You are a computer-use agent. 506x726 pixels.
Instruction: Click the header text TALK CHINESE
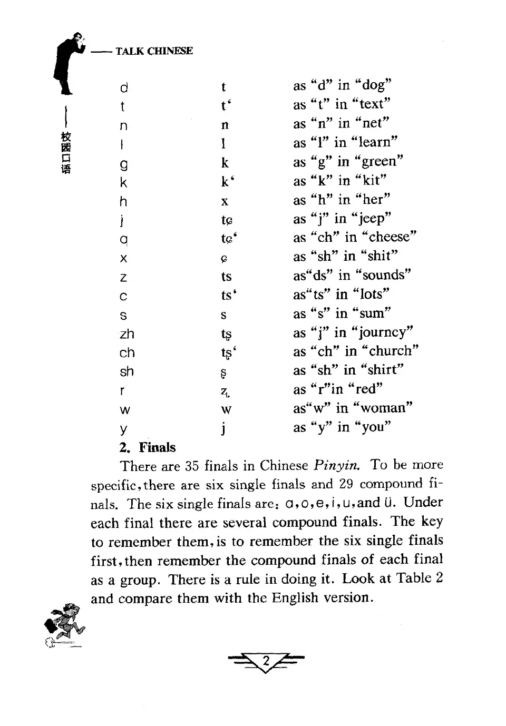154,51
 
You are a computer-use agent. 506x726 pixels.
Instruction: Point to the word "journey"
384,332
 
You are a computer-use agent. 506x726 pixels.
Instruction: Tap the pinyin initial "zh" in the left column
127,334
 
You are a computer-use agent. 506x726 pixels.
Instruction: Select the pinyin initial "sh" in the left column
126,372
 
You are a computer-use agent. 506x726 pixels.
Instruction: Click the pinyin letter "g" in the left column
124,164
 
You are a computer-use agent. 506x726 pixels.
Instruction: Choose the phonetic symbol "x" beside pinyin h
225,201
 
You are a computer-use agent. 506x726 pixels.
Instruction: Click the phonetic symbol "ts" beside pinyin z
227,277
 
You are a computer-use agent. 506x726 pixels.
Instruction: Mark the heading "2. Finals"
148,447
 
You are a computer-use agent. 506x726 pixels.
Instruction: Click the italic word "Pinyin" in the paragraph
337,466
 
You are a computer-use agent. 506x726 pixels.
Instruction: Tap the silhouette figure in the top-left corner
69,61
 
